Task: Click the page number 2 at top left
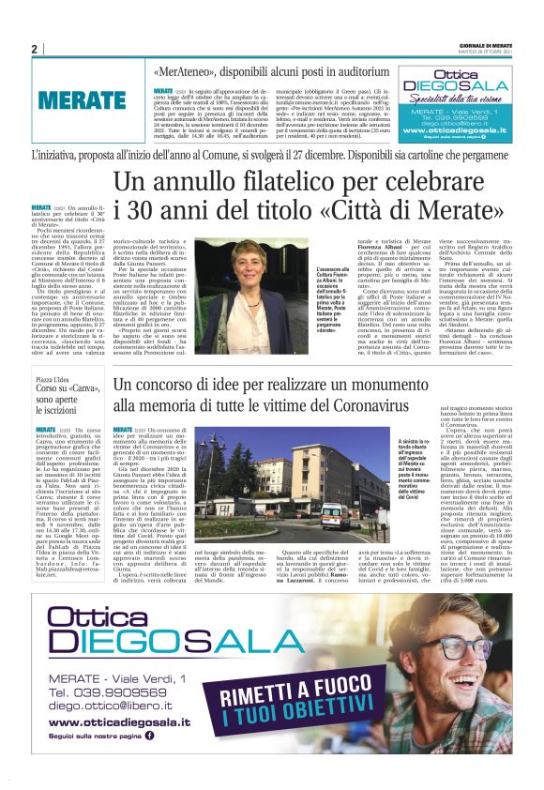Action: [33, 48]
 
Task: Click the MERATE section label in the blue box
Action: [83, 101]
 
